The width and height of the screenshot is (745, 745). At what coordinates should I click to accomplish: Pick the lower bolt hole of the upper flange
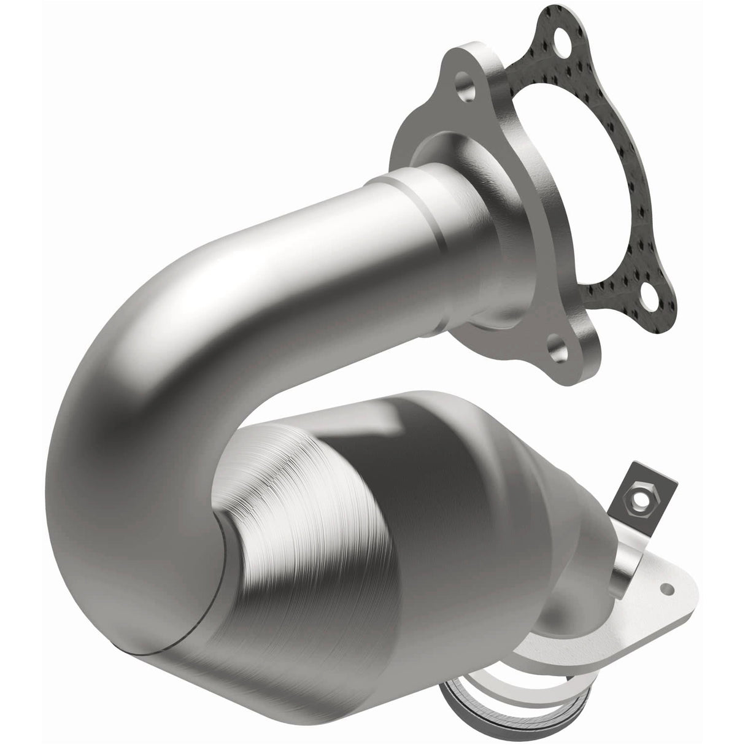click(559, 355)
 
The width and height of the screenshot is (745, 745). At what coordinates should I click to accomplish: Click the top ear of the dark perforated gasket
click(555, 18)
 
